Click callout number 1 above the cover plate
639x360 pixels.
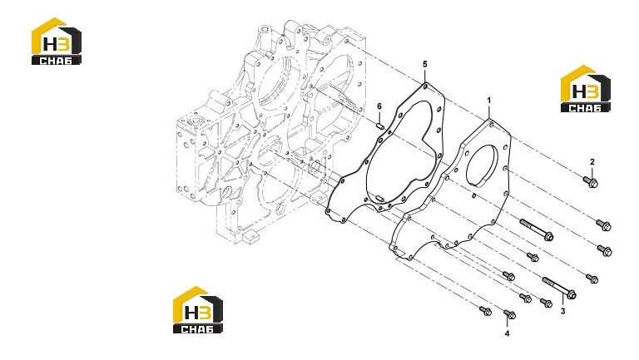[489, 100]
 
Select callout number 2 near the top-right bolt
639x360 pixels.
[592, 161]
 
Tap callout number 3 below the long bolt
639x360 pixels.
[562, 312]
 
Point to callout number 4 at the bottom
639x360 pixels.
[507, 334]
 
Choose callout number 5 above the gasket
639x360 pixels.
[425, 64]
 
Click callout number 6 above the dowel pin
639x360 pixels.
[379, 106]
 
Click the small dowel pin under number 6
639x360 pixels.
[95, 126]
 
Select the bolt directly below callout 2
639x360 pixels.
[591, 181]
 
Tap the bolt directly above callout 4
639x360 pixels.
[510, 314]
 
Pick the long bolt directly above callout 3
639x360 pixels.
[559, 287]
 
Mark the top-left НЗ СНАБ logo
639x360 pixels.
[57, 41]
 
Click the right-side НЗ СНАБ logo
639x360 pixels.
[585, 88]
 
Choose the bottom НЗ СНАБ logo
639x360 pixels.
[198, 309]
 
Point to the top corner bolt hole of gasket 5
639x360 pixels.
[425, 86]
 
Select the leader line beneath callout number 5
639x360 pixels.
[425, 76]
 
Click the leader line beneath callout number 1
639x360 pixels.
[489, 112]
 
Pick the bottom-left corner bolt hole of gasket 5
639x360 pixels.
[328, 211]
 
